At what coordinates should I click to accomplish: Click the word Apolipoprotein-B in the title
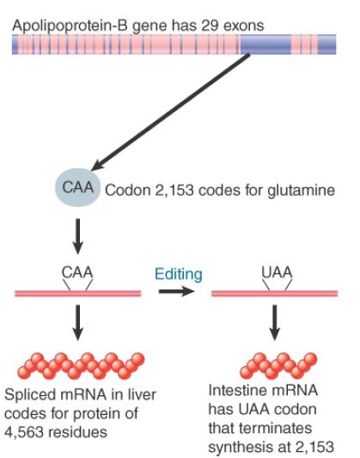pyautogui.click(x=70, y=26)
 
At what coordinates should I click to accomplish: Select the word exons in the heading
pyautogui.click(x=243, y=26)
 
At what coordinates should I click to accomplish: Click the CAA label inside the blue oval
pyautogui.click(x=78, y=187)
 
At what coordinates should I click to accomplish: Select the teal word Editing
pyautogui.click(x=179, y=274)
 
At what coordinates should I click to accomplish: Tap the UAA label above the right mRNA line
pyautogui.click(x=277, y=272)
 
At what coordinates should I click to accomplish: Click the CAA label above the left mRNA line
pyautogui.click(x=77, y=272)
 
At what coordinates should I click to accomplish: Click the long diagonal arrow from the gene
pyautogui.click(x=171, y=112)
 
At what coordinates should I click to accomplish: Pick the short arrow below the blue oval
pyautogui.click(x=77, y=236)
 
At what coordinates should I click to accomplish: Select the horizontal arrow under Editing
pyautogui.click(x=176, y=291)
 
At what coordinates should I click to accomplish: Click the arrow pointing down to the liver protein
pyautogui.click(x=77, y=322)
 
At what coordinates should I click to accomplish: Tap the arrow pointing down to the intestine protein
pyautogui.click(x=274, y=322)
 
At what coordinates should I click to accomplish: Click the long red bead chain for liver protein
pyautogui.click(x=81, y=366)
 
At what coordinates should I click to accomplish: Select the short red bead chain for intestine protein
pyautogui.click(x=278, y=366)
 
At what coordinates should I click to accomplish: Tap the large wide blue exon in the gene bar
pyautogui.click(x=265, y=45)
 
